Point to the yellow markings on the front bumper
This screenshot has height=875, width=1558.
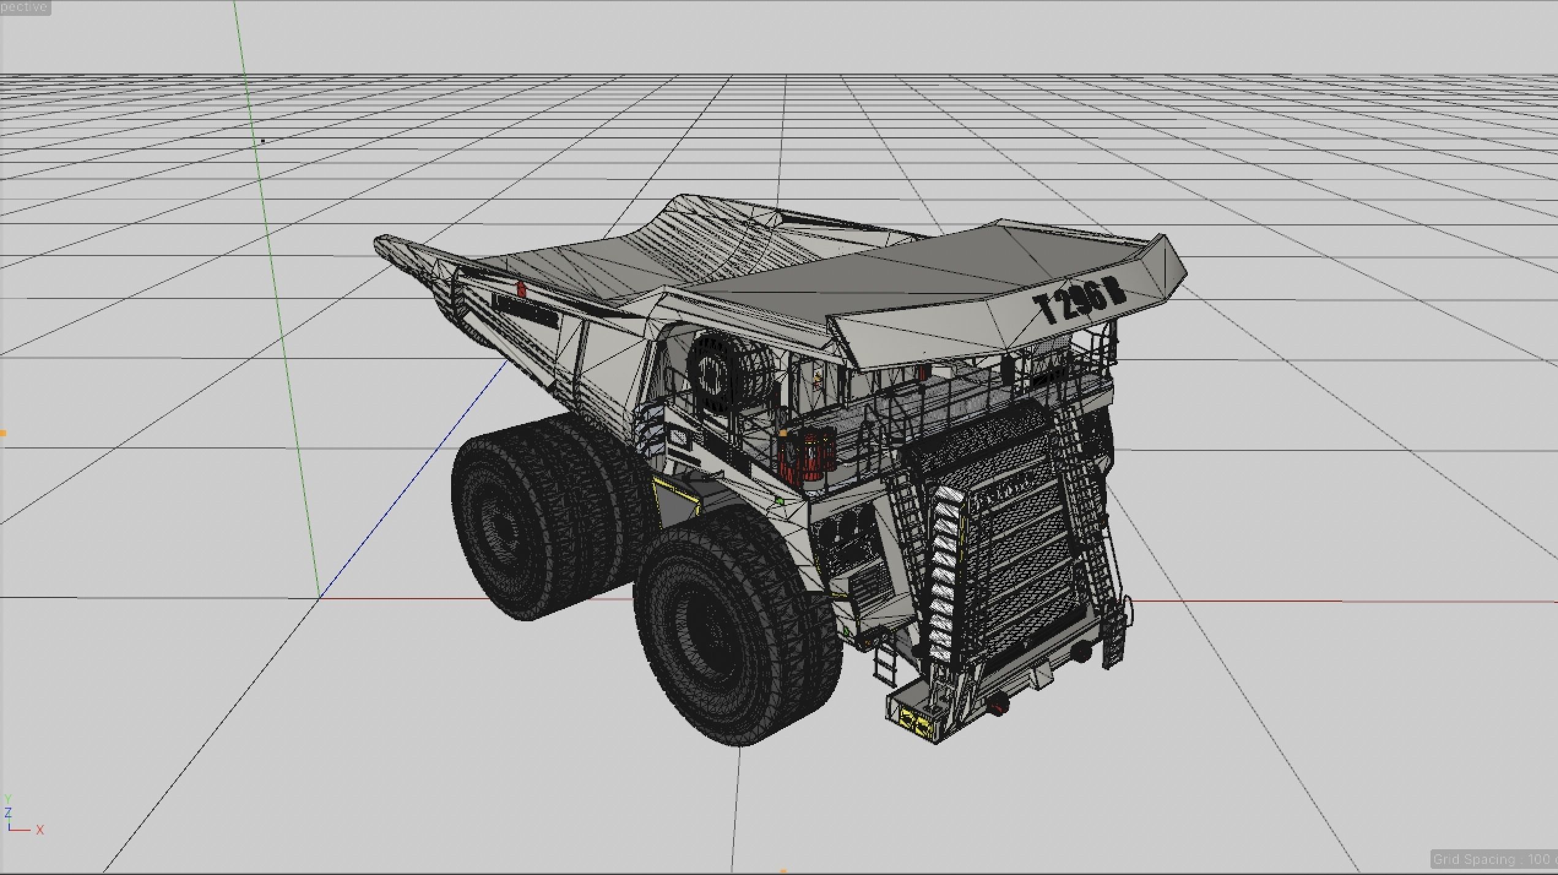pos(916,724)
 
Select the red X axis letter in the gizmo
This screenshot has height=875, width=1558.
pos(40,830)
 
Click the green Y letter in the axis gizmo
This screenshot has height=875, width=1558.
pos(8,799)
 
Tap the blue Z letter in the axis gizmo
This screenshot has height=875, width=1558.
pos(8,813)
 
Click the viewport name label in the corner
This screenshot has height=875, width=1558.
pos(25,7)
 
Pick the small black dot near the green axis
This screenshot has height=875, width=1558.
pos(263,142)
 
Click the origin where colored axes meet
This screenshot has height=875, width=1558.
pos(319,599)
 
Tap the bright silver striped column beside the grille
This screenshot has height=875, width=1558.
pos(944,576)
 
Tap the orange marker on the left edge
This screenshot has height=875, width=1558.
pos(3,433)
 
